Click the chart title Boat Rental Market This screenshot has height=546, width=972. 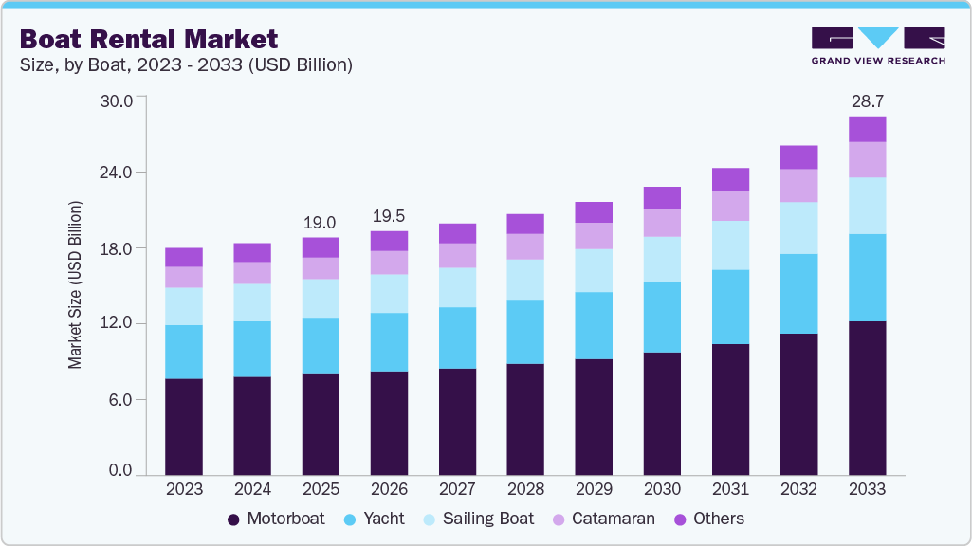(148, 39)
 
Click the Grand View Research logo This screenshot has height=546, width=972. (877, 45)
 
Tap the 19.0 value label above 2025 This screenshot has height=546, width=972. (320, 223)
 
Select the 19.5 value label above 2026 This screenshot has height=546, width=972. (389, 216)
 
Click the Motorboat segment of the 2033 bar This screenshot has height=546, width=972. (867, 398)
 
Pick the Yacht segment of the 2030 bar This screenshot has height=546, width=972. (662, 317)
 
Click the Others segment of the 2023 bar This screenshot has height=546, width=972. (184, 257)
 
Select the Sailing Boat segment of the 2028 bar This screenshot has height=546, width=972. (525, 280)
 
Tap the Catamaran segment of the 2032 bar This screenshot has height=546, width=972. (798, 186)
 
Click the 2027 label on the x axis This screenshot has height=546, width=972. (457, 489)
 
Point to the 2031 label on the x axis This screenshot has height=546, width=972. (730, 489)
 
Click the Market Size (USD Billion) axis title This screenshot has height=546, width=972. (75, 284)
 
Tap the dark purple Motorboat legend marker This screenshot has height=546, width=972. (233, 519)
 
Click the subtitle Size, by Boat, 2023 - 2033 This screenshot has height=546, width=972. (186, 64)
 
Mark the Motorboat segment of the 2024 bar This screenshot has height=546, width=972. (252, 426)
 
